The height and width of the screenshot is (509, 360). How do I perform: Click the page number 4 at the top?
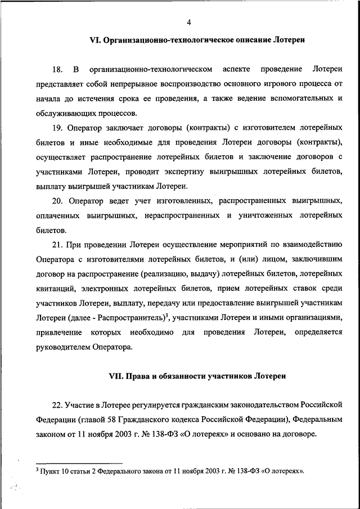click(x=189, y=22)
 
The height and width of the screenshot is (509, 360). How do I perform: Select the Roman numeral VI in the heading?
click(x=94, y=40)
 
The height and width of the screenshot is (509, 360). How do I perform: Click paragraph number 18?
click(x=57, y=69)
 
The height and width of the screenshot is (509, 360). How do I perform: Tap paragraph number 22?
click(x=57, y=405)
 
